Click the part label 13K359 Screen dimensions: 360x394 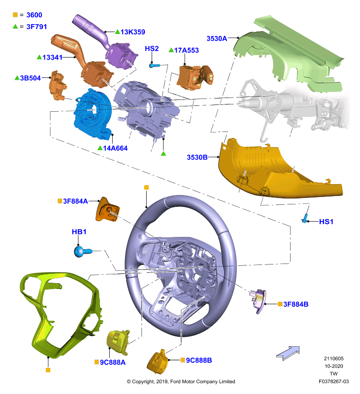[132, 32]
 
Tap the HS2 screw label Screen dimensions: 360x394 [152, 48]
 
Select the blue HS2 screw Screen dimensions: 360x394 [154, 66]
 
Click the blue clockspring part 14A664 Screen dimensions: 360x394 [93, 114]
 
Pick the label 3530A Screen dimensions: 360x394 [217, 38]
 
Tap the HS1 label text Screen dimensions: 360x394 [326, 222]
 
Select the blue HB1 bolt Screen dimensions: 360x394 [83, 252]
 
